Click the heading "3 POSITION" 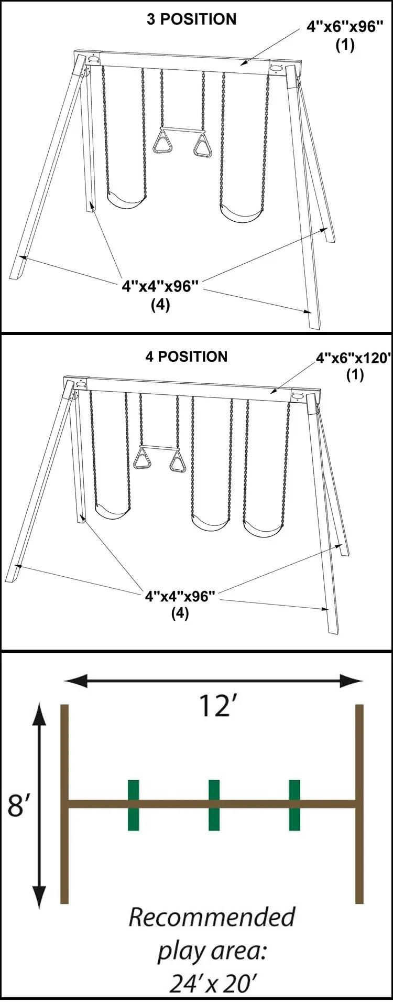[191, 19]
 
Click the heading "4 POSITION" [187, 357]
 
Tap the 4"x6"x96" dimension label [344, 28]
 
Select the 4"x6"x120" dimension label [354, 359]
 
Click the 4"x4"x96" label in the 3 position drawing [161, 286]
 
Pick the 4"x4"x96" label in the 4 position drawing [180, 597]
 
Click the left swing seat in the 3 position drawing [126, 201]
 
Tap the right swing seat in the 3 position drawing [242, 214]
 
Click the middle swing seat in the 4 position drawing [211, 523]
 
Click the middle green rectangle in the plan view [214, 805]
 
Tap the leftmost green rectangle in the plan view [134, 805]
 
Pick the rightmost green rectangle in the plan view [294, 805]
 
